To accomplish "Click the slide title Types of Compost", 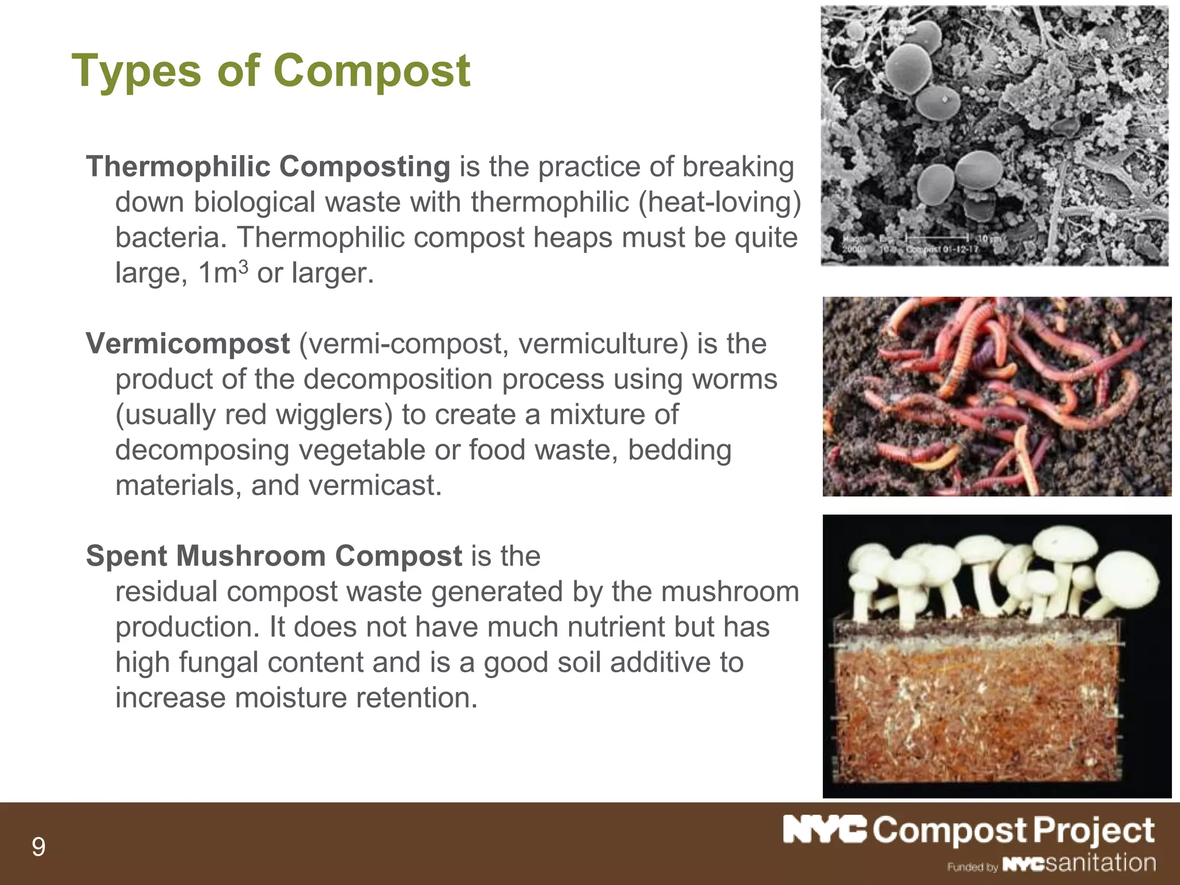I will (x=271, y=71).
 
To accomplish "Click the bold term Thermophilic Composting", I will (x=268, y=167).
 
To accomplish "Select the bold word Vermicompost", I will (x=187, y=344).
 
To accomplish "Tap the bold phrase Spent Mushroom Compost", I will (x=274, y=556).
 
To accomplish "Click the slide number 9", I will (x=38, y=847).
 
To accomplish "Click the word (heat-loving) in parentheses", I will (x=720, y=202).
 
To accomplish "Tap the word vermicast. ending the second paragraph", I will (x=375, y=486).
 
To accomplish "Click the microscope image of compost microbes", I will (x=994, y=135).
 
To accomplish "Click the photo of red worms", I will (x=997, y=396).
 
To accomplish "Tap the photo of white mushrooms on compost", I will (x=997, y=656).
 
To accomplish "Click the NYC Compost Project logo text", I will (x=968, y=831).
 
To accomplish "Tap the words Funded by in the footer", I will (x=972, y=867).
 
